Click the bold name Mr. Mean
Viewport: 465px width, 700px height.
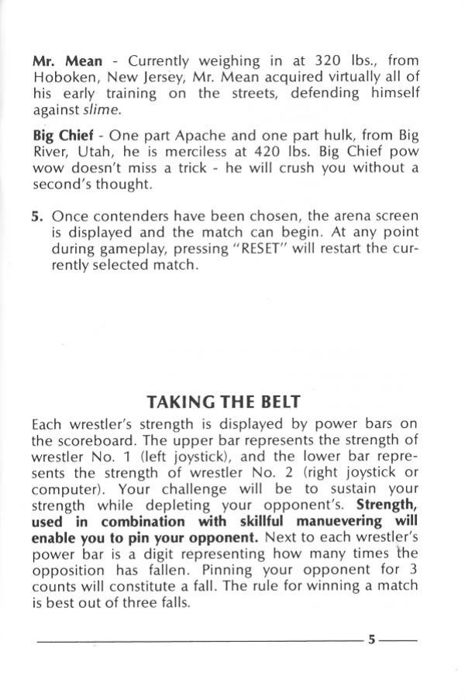coord(67,60)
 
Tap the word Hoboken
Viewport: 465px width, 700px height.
coord(62,77)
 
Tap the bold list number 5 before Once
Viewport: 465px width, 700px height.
coord(36,216)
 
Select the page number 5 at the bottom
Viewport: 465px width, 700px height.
coord(372,640)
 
